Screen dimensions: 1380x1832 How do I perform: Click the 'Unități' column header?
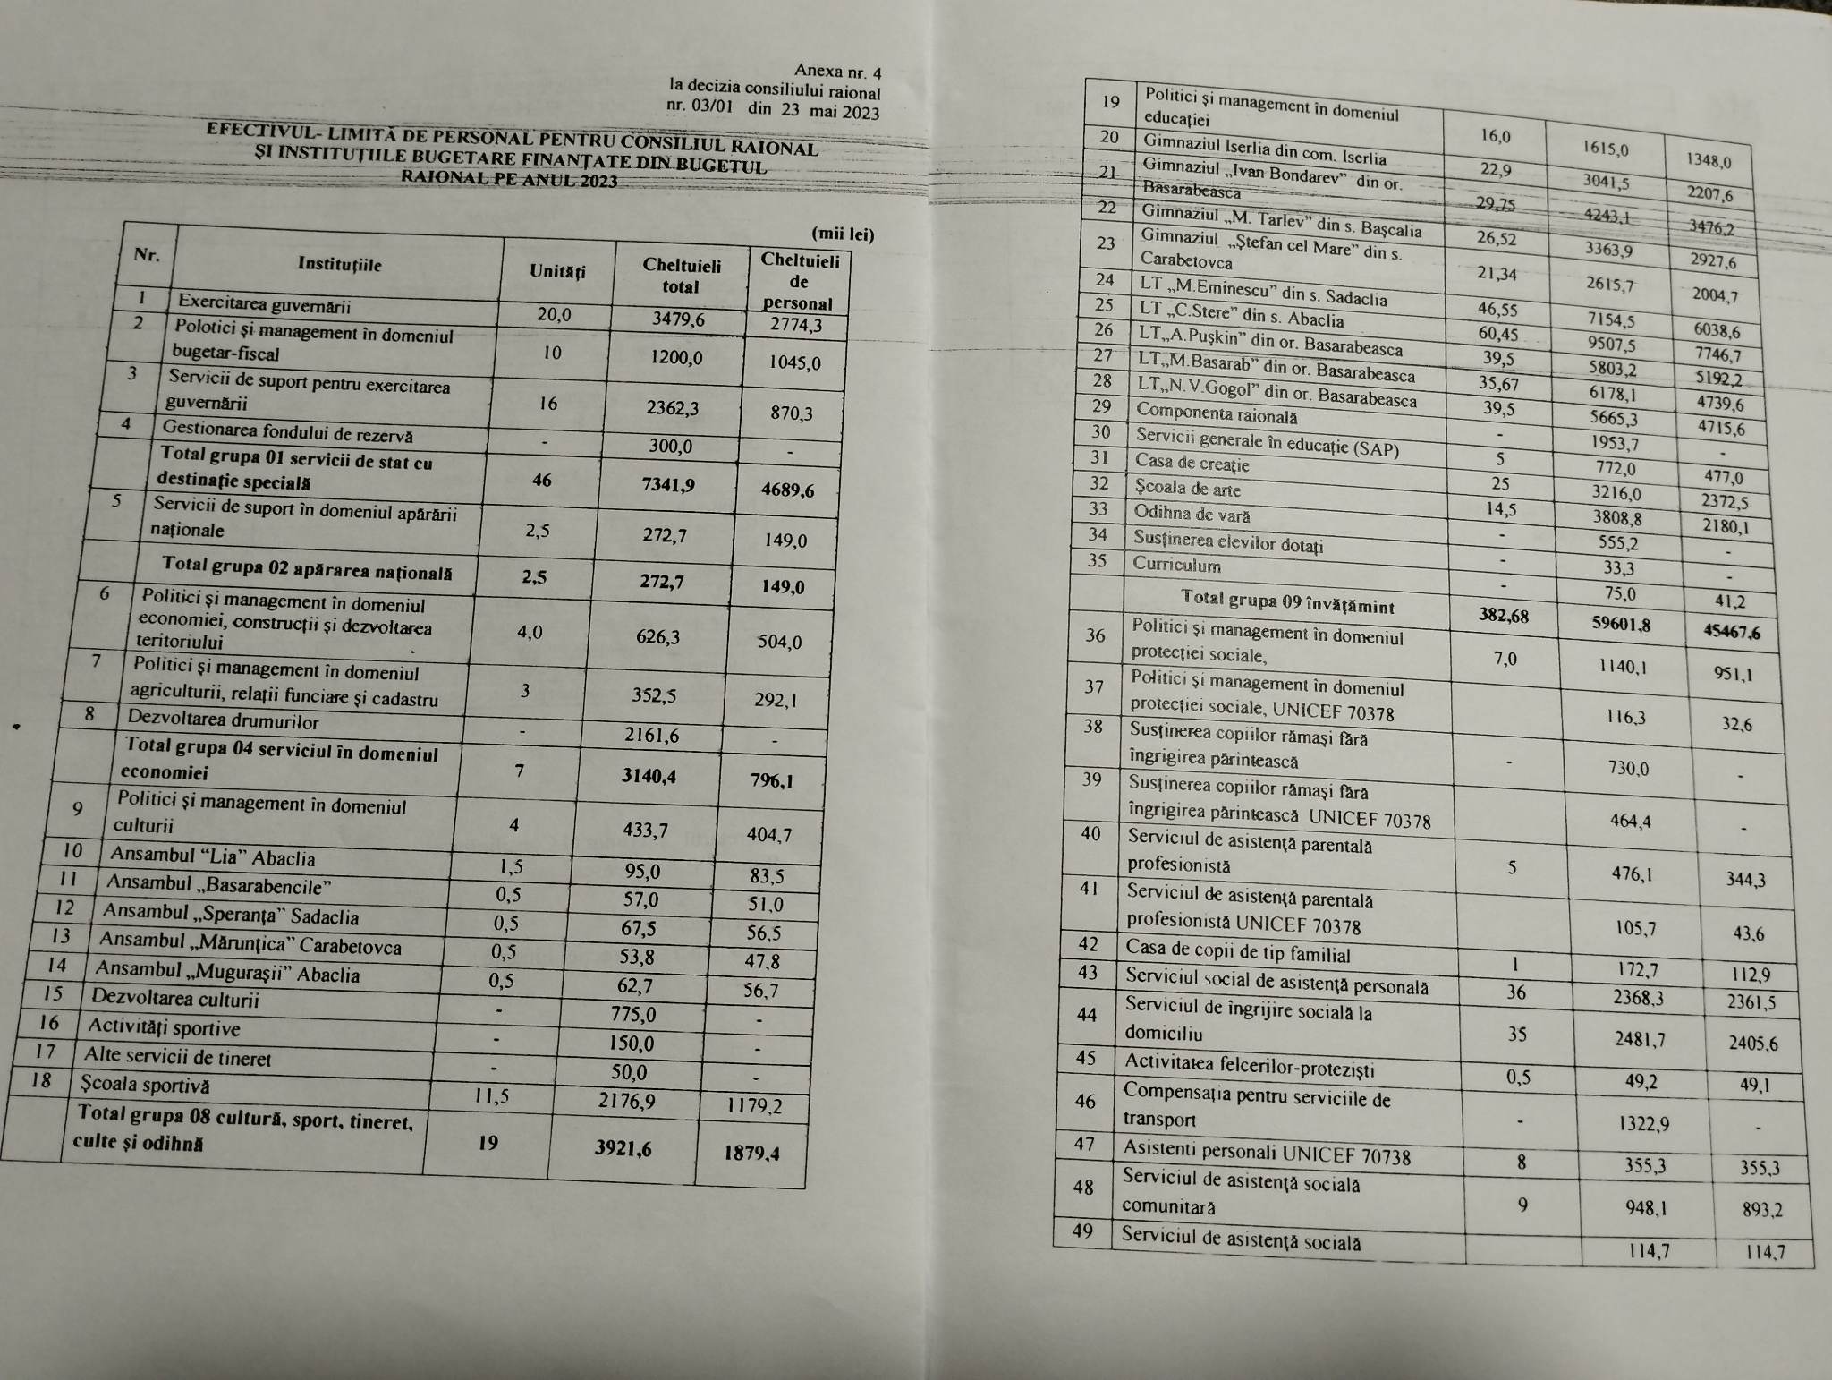557,270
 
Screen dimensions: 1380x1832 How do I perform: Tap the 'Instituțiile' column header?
340,264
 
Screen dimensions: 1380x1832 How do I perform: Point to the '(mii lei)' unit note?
842,234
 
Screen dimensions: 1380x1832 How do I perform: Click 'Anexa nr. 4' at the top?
836,72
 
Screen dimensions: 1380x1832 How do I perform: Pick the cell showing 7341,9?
663,485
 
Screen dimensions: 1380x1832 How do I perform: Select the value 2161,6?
652,736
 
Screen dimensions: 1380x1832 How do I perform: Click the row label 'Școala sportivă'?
145,1085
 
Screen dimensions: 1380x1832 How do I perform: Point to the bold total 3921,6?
624,1147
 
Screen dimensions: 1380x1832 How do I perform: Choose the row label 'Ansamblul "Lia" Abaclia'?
212,856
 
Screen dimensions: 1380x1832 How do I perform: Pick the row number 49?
1082,1231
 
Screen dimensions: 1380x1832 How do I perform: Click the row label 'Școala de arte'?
1187,489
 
